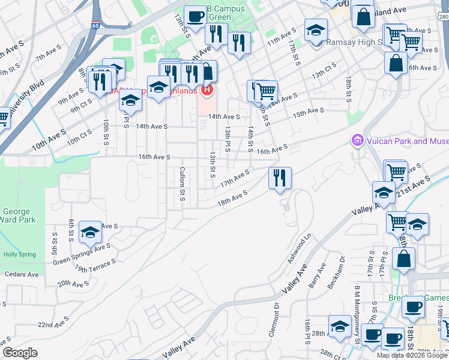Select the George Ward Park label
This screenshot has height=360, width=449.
pyautogui.click(x=17, y=215)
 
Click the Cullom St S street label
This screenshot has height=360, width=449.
pyautogui.click(x=182, y=184)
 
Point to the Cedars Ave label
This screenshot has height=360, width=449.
pyautogui.click(x=22, y=274)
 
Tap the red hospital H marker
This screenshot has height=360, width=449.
pyautogui.click(x=207, y=91)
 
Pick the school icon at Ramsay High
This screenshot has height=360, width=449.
pyautogui.click(x=316, y=29)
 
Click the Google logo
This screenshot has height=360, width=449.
pyautogui.click(x=20, y=353)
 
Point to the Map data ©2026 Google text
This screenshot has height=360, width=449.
pyautogui.click(x=411, y=355)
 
